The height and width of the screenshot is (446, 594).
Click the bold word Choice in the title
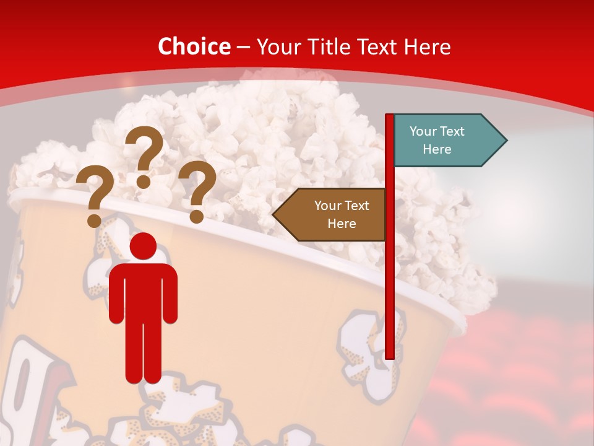[x=194, y=46]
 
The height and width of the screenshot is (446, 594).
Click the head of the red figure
[x=143, y=247]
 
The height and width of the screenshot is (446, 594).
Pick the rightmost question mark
[x=197, y=189]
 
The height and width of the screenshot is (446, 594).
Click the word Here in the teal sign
[x=437, y=149]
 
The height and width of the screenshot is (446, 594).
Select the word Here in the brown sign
[x=342, y=224]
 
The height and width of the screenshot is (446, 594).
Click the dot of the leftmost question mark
[x=94, y=220]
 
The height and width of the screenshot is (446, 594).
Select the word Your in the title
[x=275, y=46]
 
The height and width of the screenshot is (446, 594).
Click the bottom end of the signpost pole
[x=390, y=356]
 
